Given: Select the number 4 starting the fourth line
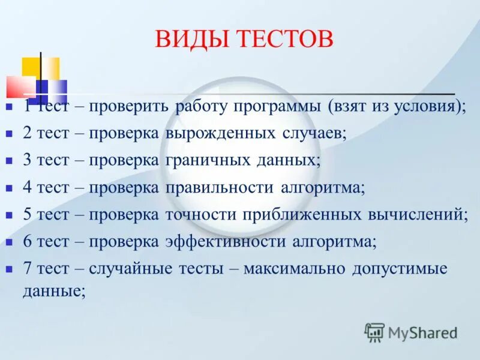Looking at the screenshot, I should [x=27, y=187].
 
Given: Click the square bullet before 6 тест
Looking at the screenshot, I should [x=9, y=242].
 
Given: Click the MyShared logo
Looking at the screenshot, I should [x=411, y=332].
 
